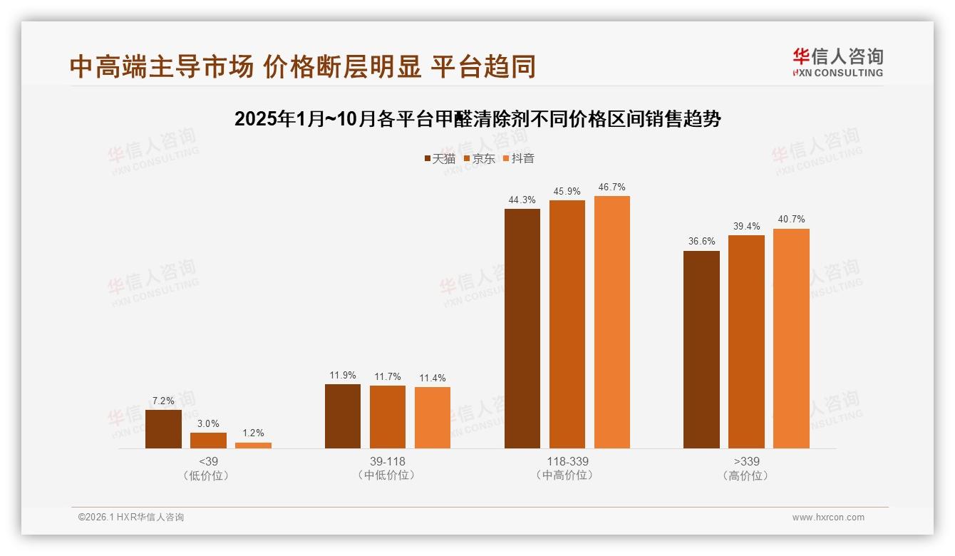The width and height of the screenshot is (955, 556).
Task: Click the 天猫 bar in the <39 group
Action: [163, 429]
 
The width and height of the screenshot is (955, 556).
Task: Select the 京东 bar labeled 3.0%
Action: [208, 441]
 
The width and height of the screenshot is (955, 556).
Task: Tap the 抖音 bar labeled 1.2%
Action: [253, 446]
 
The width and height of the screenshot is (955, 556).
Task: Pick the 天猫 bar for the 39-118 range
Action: [343, 416]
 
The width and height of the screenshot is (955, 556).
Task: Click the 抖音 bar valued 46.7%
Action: [612, 322]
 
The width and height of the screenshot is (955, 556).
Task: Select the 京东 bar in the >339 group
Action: [746, 341]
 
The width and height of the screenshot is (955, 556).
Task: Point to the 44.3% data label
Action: [522, 200]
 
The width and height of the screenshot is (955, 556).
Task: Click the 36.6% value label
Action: [701, 242]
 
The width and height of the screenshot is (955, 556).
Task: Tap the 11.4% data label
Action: [432, 379]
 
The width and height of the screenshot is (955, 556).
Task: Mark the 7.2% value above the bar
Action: [163, 401]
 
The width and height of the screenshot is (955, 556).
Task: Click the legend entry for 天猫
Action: [440, 159]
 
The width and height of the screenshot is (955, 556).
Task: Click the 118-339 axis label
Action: [567, 462]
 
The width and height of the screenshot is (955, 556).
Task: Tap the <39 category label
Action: [208, 462]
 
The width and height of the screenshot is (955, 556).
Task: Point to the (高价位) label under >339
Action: [746, 475]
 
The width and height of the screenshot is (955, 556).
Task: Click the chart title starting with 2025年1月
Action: [477, 119]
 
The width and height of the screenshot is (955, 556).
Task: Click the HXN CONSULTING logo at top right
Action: [837, 63]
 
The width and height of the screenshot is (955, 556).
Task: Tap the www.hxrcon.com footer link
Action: [828, 518]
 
